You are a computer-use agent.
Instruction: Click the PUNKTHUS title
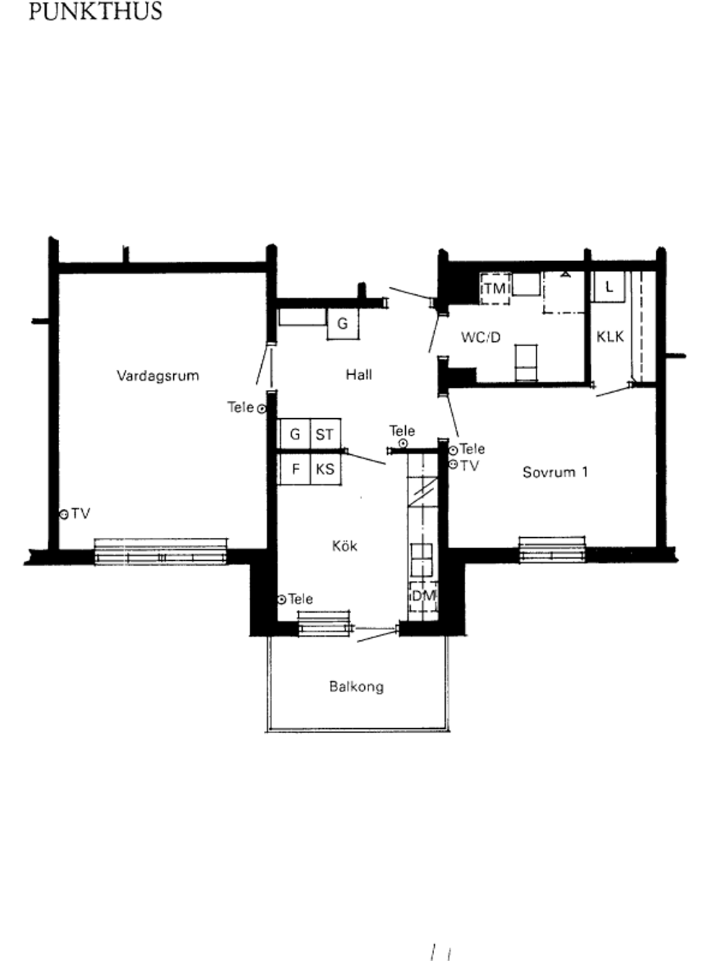point(95,11)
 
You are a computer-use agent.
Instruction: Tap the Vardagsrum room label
point(158,376)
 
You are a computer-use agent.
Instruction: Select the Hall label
point(359,375)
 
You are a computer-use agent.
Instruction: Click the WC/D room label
point(481,337)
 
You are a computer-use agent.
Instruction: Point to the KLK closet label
point(610,337)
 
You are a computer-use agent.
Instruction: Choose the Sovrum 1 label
point(555,472)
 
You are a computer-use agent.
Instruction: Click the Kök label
point(345,546)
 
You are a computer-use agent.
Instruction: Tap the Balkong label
point(356,686)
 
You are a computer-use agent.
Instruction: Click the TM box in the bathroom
point(495,288)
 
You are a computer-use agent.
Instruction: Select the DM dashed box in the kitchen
point(423,596)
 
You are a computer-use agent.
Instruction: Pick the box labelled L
point(608,287)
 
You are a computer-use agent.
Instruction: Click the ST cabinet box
point(325,434)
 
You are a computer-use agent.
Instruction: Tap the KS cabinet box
point(325,469)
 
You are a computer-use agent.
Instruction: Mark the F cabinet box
point(295,469)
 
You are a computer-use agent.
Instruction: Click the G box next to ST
point(295,434)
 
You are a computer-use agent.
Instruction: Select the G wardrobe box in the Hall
point(342,324)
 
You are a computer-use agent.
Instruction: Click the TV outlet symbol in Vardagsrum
point(64,515)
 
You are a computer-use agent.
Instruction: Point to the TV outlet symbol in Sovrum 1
point(453,464)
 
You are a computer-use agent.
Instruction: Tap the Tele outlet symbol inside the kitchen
point(282,599)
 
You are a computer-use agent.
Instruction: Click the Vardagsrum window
point(161,552)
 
